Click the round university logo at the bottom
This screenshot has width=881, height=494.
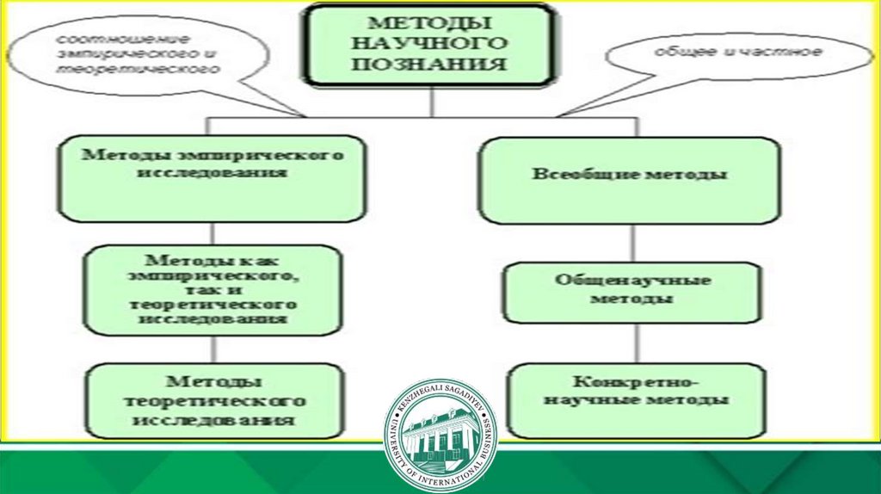(440, 435)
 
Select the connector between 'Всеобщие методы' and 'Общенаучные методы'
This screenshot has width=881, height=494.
(637, 244)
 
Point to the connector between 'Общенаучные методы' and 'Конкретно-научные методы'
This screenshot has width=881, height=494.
(637, 343)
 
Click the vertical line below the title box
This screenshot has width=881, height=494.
(433, 102)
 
